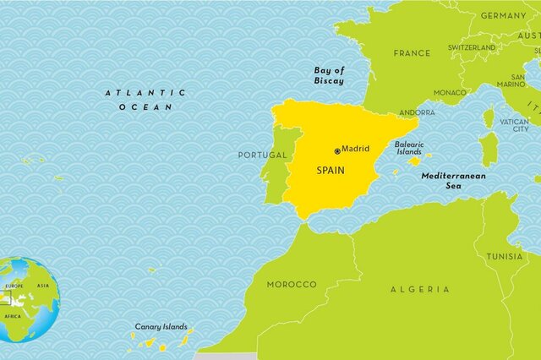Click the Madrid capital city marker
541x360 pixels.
337,150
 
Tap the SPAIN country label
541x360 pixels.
331,170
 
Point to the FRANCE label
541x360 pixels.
412,53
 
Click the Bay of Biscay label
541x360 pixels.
329,75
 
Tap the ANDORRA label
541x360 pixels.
417,112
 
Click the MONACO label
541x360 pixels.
450,92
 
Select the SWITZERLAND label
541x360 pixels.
472,47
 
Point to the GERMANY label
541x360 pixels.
504,15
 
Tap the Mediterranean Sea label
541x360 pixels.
454,180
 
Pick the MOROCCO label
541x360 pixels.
292,285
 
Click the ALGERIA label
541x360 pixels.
420,289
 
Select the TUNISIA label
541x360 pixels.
505,257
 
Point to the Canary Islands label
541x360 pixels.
161,326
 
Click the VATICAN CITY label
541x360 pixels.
514,125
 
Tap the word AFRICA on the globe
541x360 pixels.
13,316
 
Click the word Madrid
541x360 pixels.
356,149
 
